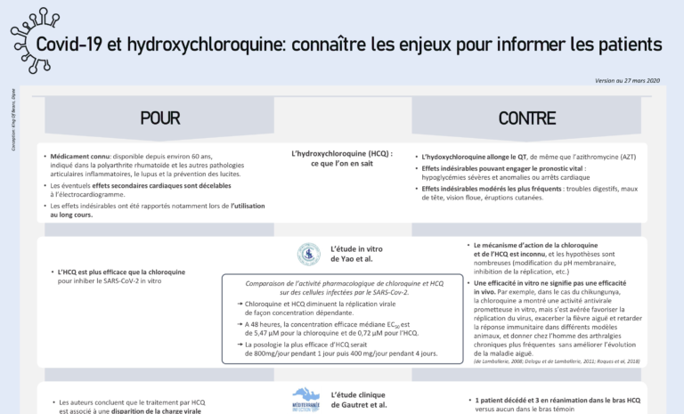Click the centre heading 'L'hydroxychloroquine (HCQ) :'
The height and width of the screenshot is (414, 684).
[x=342, y=153]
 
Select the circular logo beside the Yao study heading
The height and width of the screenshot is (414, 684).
[x=308, y=255]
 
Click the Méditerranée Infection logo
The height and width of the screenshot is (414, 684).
[x=305, y=398]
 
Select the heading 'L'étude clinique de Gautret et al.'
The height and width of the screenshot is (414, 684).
[x=359, y=399]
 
